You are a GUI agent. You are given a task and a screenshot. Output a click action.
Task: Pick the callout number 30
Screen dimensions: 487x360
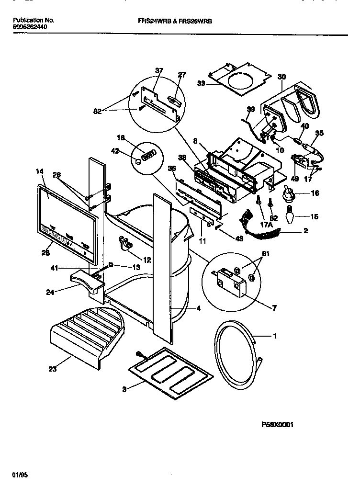[x=281, y=76]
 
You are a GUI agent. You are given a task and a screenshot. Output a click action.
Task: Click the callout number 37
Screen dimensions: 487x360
[x=159, y=71]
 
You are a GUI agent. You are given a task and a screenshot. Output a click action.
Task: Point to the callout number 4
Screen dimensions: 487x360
[x=198, y=309]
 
